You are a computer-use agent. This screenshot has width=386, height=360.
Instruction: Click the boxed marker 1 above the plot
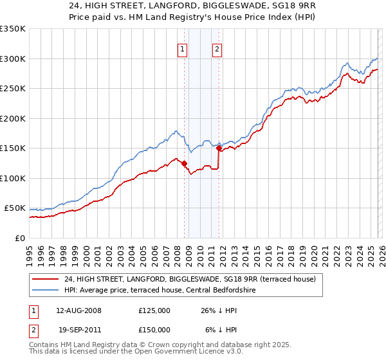click(x=183, y=49)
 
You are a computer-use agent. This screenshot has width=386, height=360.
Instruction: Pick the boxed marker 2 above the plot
click(x=217, y=49)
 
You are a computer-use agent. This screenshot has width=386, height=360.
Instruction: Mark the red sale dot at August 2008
click(x=184, y=163)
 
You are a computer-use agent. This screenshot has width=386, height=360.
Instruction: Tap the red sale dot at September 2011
click(x=219, y=148)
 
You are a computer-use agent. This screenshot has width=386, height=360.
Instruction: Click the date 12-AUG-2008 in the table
click(x=78, y=310)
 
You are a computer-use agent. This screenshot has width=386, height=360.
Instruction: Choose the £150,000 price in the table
click(x=154, y=329)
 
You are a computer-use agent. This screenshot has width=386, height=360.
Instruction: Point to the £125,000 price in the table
click(x=154, y=310)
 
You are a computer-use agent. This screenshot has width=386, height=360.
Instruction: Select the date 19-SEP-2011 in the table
click(x=78, y=329)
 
